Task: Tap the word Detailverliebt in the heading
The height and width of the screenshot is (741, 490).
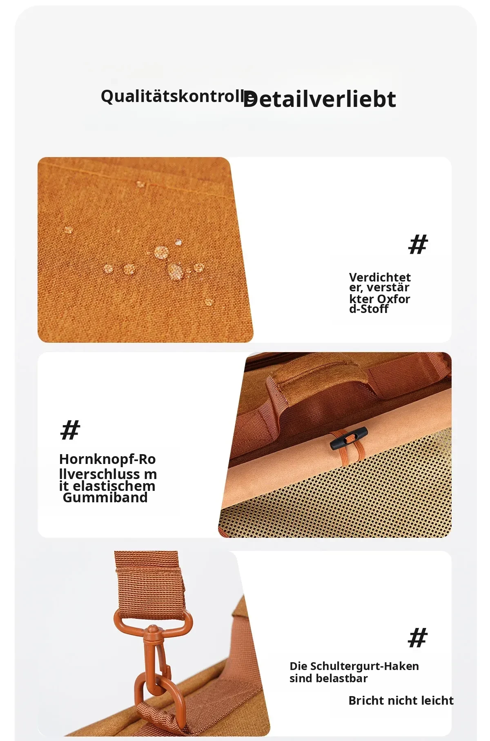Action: [x=319, y=99]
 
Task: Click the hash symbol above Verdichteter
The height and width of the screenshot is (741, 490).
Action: [x=418, y=244]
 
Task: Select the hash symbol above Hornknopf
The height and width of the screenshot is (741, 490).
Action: [x=70, y=430]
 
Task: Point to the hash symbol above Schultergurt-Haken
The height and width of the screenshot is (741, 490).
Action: [x=418, y=638]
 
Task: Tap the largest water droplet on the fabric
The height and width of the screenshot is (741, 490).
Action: [x=176, y=271]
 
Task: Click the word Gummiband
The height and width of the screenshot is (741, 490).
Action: [x=105, y=498]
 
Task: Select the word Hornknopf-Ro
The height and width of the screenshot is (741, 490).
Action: [x=107, y=459]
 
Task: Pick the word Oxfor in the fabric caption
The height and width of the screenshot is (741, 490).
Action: [x=394, y=299]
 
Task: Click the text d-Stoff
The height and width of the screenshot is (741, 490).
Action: [x=369, y=309]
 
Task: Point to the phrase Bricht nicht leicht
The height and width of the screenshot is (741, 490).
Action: [x=401, y=701]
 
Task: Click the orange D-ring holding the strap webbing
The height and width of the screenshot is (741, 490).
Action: [x=153, y=620]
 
